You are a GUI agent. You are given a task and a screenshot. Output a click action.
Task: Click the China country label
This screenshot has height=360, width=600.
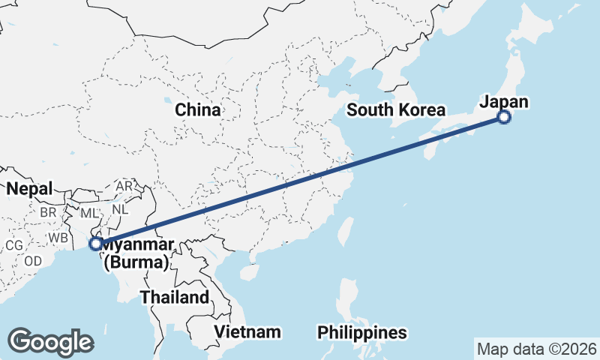coord(198,110)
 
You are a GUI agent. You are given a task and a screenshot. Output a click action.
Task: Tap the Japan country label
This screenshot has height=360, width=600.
coord(504,102)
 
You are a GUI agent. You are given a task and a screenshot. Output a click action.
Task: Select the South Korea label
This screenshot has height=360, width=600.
coord(396,110)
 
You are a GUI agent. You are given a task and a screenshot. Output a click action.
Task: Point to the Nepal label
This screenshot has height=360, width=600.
coord(30,189)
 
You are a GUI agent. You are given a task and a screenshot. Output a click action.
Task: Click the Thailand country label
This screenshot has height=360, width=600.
coord(175,297)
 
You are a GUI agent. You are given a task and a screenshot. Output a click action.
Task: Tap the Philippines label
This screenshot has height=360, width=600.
coord(362,331)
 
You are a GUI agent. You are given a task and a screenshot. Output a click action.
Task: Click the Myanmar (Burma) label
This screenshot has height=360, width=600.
coord(138,253)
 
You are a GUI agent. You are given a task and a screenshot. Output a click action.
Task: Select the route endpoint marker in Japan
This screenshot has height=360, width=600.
coord(504,117)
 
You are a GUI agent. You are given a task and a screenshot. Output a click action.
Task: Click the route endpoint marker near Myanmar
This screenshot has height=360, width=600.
coord(95,244)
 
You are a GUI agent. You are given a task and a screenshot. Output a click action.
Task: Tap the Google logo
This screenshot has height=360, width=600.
coord(50,342)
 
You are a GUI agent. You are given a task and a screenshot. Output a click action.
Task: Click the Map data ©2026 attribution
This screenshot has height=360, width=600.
coord(537,349)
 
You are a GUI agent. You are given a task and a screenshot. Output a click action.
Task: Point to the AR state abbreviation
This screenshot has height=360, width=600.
coord(124,186)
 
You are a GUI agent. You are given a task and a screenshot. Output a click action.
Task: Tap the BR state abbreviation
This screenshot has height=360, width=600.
coord(49,212)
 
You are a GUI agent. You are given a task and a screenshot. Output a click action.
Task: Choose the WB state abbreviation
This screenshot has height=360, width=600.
coord(58,238)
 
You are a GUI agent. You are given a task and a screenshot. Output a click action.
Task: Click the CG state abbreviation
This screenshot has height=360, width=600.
coord(14,244)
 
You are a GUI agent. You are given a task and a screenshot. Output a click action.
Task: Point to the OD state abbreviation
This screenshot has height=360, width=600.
coord(32,261)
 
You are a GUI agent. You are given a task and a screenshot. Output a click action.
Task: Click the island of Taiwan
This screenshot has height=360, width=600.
coord(346,229)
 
